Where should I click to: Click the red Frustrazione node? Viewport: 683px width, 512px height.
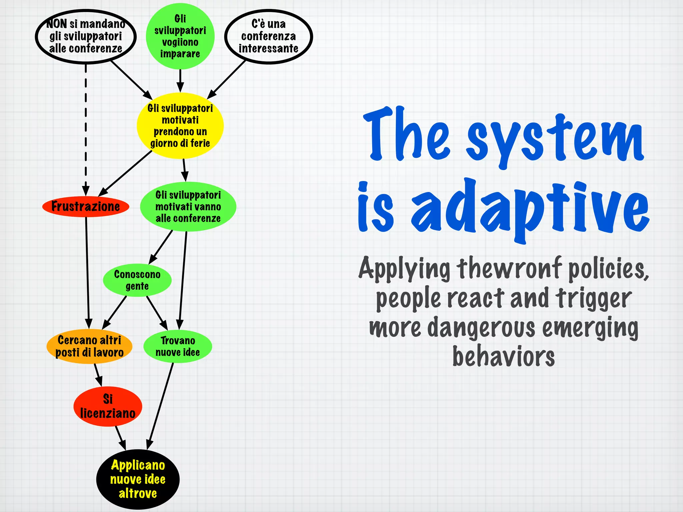click(86, 207)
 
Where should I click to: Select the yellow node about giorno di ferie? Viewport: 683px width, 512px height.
click(180, 126)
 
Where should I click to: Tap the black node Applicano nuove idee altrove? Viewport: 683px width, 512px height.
click(138, 479)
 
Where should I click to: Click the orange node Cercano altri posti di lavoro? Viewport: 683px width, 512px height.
click(89, 346)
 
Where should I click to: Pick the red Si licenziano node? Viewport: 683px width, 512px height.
click(108, 406)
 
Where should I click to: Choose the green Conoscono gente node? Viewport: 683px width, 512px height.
click(137, 280)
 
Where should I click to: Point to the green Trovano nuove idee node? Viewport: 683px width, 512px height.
click(177, 347)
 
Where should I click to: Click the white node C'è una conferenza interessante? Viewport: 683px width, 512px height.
click(268, 36)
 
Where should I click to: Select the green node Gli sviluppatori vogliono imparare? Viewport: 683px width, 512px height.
click(180, 36)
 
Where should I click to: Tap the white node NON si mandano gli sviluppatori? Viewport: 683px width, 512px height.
click(86, 36)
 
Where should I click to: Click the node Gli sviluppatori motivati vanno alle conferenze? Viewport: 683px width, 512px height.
click(188, 207)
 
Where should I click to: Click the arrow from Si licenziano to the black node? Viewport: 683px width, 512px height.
click(120, 437)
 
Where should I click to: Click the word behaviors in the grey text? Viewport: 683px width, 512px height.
click(503, 356)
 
